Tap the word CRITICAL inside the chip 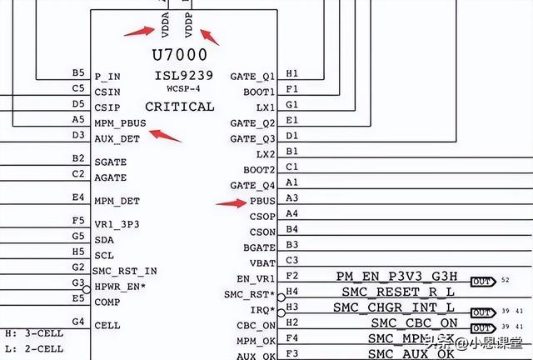(179, 107)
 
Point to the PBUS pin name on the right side (263, 201)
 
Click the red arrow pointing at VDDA (138, 32)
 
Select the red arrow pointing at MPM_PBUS (170, 136)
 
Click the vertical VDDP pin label (189, 25)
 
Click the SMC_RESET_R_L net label (400, 292)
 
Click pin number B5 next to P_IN (78, 72)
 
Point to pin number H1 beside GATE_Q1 (291, 73)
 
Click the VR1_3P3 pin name (118, 224)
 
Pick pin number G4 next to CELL (78, 322)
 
